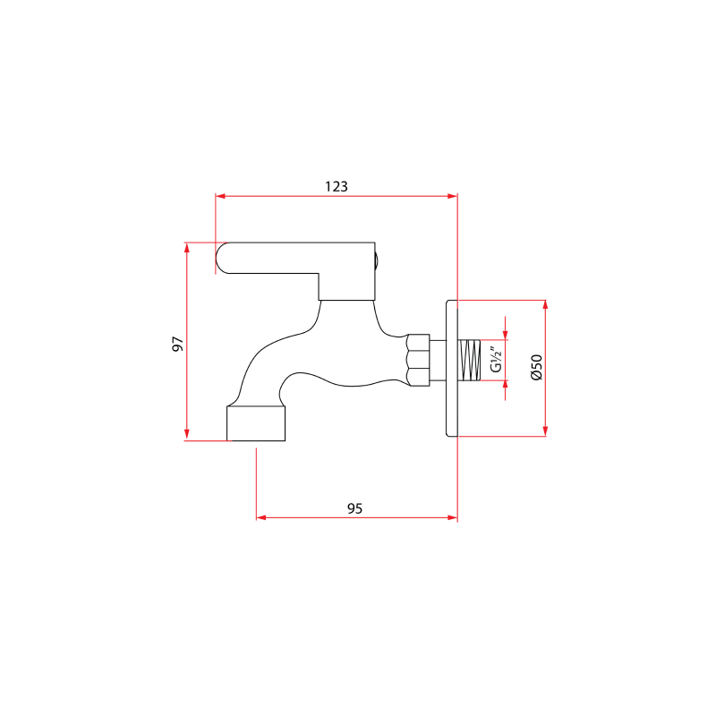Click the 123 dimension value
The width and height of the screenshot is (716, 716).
tap(336, 186)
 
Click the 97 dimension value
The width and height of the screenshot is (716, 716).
tap(177, 344)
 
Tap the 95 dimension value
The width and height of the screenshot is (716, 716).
tap(354, 507)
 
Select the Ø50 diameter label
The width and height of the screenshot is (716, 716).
tap(535, 368)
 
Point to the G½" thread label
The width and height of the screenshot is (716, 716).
tap(495, 361)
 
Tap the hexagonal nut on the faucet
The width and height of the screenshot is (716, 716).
tap(416, 361)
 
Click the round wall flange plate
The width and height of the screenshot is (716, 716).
tap(451, 368)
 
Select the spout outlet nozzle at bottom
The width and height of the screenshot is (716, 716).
tap(255, 423)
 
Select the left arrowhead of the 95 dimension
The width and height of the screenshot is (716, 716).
tap(261, 517)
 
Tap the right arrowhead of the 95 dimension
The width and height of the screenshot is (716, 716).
tap(452, 517)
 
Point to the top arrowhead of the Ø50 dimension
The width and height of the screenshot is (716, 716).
tap(544, 305)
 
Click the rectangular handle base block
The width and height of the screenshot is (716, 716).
tap(347, 286)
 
